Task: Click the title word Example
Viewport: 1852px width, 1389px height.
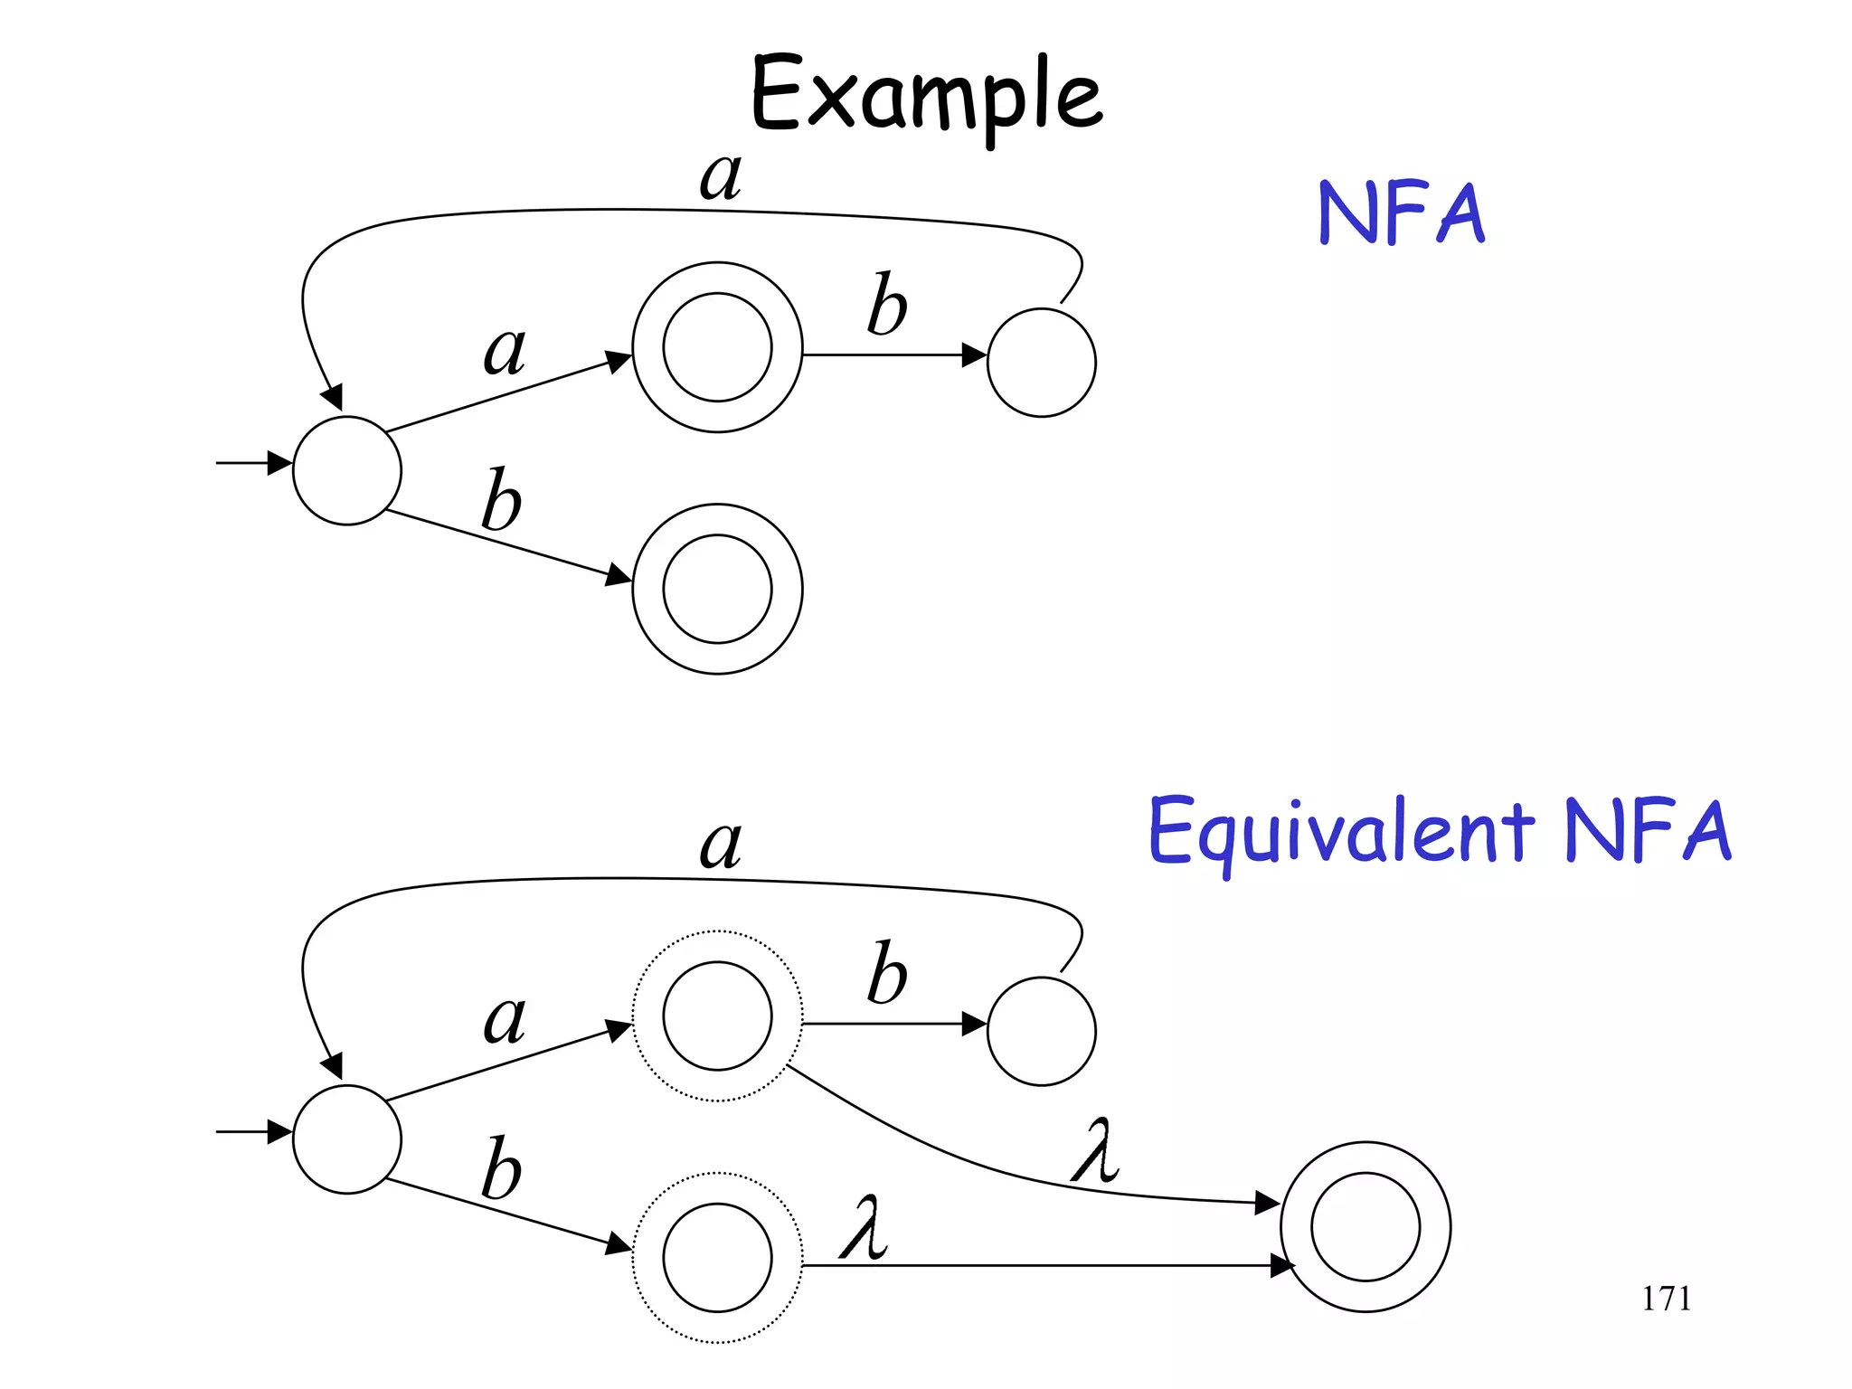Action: coord(926,95)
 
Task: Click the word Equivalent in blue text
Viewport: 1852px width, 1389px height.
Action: coord(1340,832)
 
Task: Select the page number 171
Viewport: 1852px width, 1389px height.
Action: coord(1666,1299)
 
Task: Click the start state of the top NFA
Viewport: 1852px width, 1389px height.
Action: coord(347,470)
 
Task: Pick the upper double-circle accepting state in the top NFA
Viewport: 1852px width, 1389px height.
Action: coord(717,347)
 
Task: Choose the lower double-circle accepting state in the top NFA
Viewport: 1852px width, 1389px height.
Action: coord(717,589)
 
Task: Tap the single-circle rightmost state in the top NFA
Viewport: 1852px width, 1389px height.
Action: coord(1041,363)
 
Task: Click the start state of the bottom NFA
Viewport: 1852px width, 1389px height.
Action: coord(347,1139)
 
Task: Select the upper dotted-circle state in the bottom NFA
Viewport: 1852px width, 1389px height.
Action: coord(717,1016)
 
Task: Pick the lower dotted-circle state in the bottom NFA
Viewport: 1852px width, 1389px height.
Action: coord(717,1258)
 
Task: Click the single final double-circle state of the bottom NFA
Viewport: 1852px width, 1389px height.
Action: coord(1365,1227)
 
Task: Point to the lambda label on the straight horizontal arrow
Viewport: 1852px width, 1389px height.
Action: coord(865,1228)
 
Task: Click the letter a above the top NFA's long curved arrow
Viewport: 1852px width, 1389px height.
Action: coord(721,175)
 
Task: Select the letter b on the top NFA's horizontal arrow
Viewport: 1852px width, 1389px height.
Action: coord(886,305)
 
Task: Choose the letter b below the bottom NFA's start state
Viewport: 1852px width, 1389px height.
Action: coord(501,1168)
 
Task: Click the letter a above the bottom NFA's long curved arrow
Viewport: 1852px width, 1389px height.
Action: coord(721,845)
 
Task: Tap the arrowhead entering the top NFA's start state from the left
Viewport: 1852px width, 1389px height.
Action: coord(280,463)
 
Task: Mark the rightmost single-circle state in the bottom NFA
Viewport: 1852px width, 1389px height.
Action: coord(1041,1031)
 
